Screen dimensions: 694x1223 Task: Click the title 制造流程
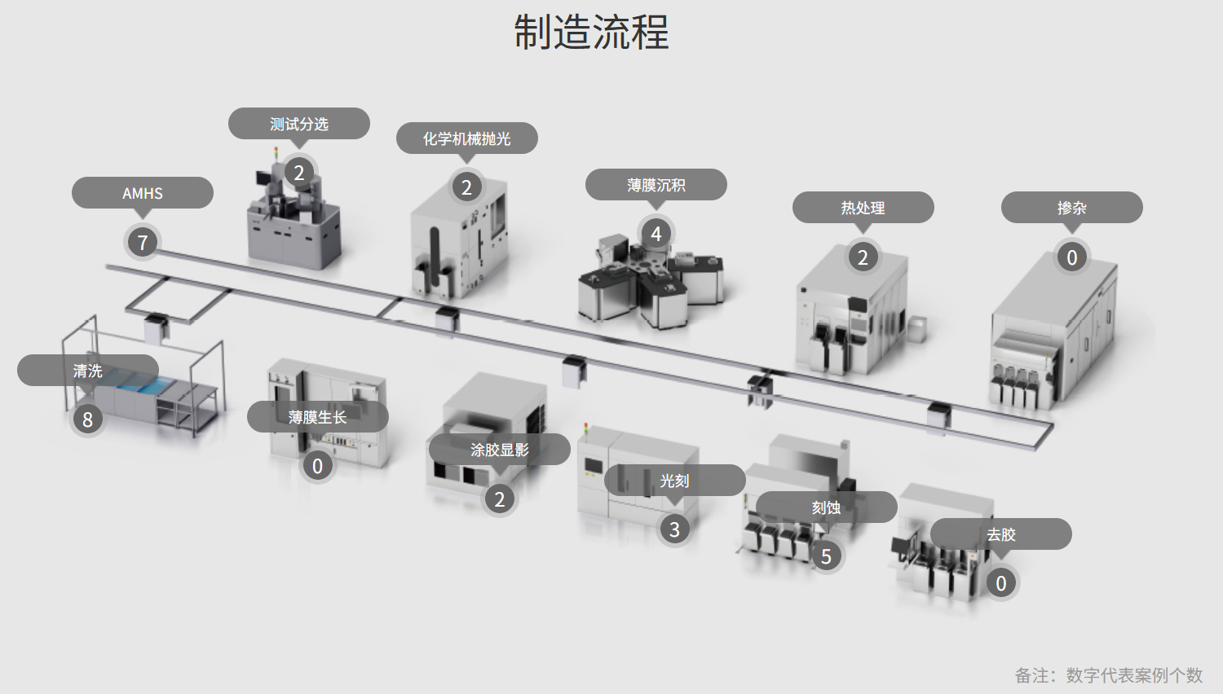point(591,33)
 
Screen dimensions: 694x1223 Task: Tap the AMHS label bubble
point(143,193)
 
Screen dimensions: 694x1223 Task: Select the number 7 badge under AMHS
point(143,242)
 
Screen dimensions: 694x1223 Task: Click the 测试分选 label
point(299,124)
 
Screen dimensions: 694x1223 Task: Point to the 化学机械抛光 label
point(466,138)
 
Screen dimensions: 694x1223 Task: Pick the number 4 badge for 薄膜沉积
point(656,234)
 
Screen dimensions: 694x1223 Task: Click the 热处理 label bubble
point(863,208)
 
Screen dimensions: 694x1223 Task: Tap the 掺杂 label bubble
point(1071,208)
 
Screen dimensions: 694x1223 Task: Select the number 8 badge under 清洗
point(88,419)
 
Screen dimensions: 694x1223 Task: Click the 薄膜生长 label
point(317,417)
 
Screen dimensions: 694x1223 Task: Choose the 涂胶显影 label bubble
point(499,450)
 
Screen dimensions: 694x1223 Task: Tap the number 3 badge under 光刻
point(674,529)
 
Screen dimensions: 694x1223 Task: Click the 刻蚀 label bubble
point(826,507)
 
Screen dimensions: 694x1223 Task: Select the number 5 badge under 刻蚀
point(826,556)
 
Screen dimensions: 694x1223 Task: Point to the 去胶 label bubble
point(1000,534)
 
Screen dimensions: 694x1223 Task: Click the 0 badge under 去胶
point(1001,583)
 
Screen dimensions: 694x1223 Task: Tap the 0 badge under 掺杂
point(1072,257)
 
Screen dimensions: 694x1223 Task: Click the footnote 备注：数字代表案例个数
point(1108,675)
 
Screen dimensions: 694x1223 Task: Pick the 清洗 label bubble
point(88,371)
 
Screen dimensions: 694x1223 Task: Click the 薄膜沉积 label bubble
point(656,185)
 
